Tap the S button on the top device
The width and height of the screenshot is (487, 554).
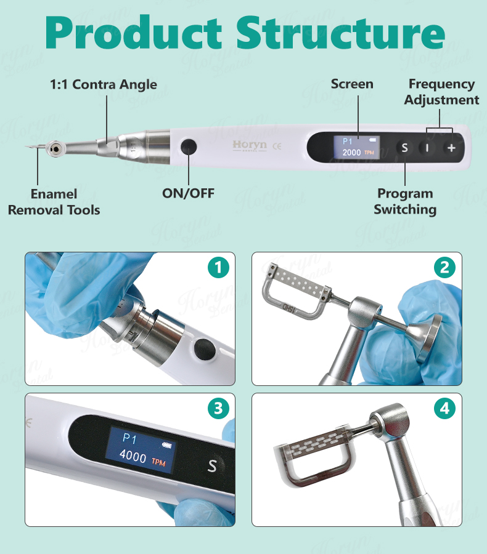click(404, 148)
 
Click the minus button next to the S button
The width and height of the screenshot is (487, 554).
click(427, 148)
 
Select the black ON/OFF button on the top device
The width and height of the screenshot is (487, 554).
click(188, 148)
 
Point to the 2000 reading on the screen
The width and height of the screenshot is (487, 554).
click(351, 153)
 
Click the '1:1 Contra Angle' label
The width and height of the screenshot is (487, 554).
click(104, 85)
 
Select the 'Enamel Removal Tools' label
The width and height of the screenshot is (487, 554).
click(54, 202)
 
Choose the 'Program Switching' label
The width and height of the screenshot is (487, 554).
click(405, 201)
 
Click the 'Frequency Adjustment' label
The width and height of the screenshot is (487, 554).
click(441, 92)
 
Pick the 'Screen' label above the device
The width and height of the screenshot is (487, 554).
click(352, 84)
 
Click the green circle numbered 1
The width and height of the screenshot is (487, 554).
click(218, 268)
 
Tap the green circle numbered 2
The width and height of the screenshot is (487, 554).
click(444, 268)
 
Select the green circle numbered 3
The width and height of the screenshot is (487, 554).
click(218, 409)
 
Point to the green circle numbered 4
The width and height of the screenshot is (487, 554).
click(444, 409)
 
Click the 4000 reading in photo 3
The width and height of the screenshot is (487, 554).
click(133, 459)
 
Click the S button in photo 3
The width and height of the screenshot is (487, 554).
click(212, 465)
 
